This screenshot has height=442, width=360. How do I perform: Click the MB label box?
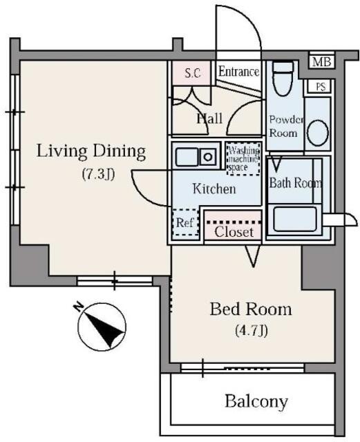tap(321, 61)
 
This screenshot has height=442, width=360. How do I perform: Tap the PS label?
tap(321, 86)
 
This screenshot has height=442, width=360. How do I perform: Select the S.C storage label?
tap(193, 73)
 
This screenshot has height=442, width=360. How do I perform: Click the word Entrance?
tap(238, 72)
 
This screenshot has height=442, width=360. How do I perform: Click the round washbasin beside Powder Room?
tap(318, 133)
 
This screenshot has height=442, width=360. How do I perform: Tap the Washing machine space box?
tap(243, 159)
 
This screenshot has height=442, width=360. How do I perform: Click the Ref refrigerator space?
tap(185, 222)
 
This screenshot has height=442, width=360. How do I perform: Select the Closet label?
tap(234, 232)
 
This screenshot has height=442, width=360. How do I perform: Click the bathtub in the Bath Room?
tap(295, 219)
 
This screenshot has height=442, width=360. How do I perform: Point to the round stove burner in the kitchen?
tap(208, 157)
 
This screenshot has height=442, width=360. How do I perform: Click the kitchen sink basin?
tap(187, 157)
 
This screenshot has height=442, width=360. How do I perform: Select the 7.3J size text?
tap(98, 174)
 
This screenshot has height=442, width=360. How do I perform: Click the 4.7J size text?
tap(251, 330)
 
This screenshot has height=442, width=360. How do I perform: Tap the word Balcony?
tap(256, 401)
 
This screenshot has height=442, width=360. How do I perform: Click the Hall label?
tap(209, 118)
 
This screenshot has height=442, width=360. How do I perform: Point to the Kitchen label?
tap(214, 189)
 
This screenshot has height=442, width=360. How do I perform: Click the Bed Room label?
tap(251, 309)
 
